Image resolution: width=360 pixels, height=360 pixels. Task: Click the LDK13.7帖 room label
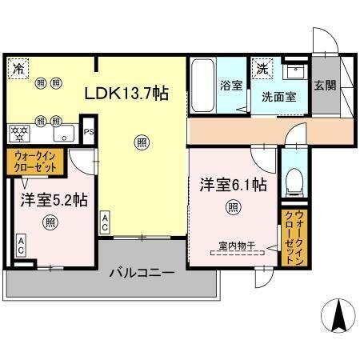[126, 94]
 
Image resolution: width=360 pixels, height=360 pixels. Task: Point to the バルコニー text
[142, 273]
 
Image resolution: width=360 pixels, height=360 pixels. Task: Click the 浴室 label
[231, 86]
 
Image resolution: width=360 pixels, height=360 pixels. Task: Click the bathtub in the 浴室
[202, 88]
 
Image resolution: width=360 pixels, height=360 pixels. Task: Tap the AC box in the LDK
[106, 222]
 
